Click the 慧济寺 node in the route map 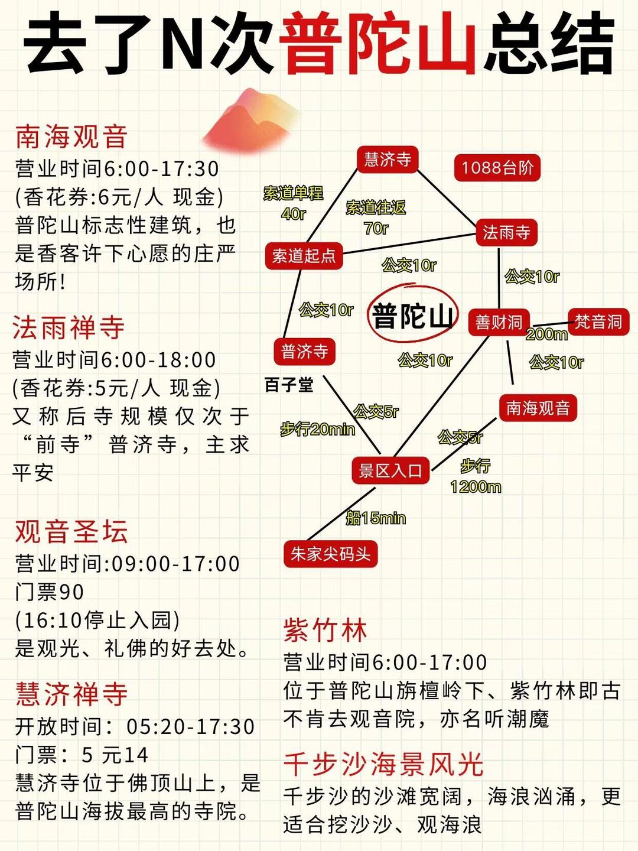coord(388,160)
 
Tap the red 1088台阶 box coord(497,167)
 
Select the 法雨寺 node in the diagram coord(507,232)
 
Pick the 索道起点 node coord(304,256)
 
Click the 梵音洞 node coord(598,322)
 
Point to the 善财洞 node coord(499,322)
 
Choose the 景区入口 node coord(390,470)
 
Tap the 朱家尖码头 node coord(330,554)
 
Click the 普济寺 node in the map coord(304,352)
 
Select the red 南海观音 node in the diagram coord(538,408)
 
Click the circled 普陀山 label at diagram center coord(413,315)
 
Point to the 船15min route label coord(376,518)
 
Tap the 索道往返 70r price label coord(376,217)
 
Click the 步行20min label coord(318,430)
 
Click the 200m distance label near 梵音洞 coord(546,334)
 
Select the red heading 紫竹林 coord(325,630)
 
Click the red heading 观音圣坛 coord(71,531)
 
